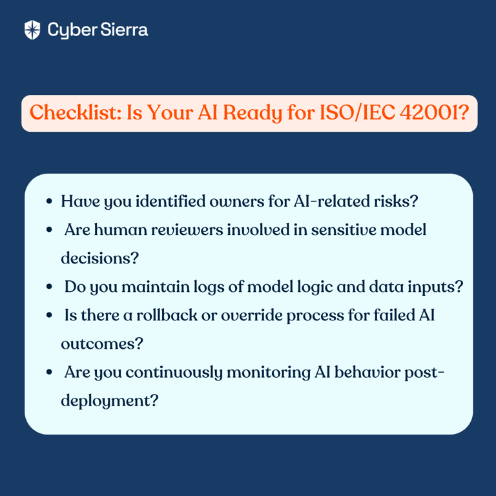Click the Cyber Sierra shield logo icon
32,30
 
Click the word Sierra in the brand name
124,30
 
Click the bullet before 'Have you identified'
49,201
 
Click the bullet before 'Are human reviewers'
49,230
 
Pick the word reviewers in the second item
187,230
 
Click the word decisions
99,258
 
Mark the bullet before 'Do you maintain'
49,287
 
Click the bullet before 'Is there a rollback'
49,315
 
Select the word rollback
167,315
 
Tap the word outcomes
102,344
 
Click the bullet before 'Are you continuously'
49,372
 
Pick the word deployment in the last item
109,401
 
